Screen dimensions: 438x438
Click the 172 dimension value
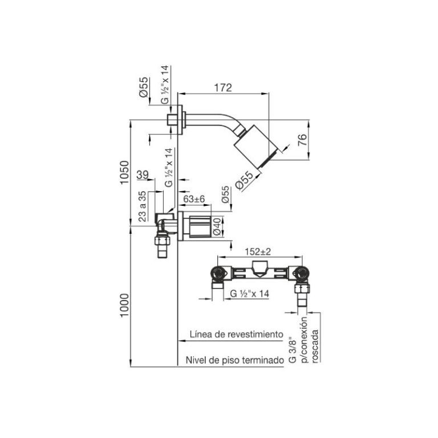(223, 88)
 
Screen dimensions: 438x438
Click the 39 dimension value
(143, 175)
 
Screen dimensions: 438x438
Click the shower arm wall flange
(178, 120)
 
